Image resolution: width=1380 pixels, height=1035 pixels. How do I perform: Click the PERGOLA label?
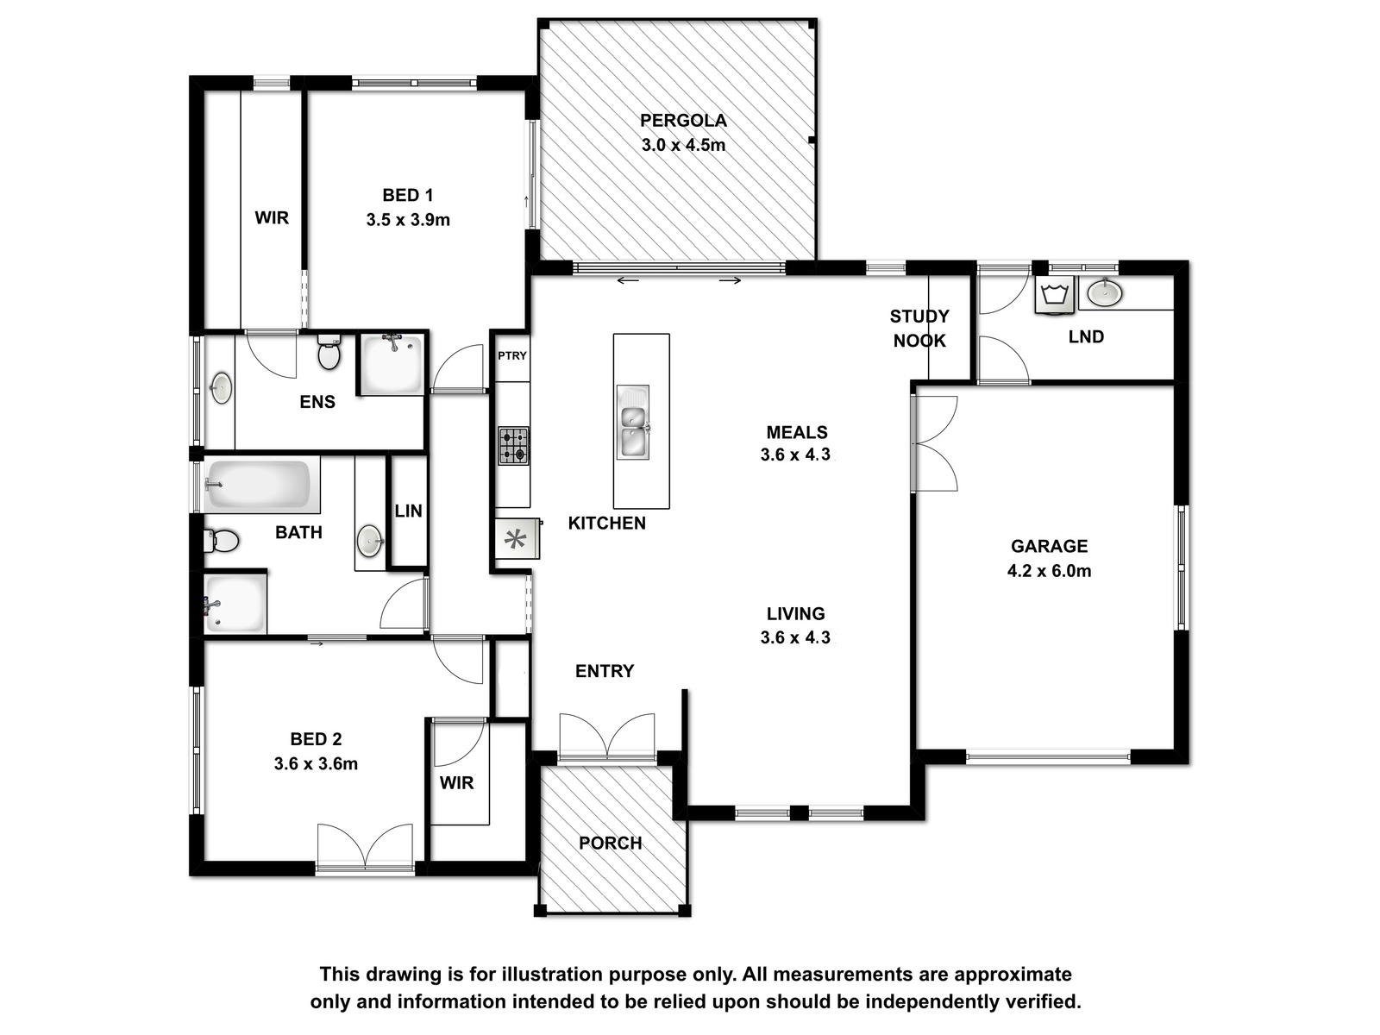[x=683, y=120]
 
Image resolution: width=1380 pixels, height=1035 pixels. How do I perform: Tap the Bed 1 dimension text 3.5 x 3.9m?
[x=408, y=220]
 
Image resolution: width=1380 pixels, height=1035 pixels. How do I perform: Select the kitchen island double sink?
[x=632, y=423]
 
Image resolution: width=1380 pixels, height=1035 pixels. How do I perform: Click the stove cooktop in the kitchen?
[x=514, y=446]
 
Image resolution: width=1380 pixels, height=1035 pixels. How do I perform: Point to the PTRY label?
[x=511, y=355]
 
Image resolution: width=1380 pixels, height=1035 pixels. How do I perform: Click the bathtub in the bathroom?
[x=258, y=485]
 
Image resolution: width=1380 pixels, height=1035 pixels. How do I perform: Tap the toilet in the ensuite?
[x=329, y=352]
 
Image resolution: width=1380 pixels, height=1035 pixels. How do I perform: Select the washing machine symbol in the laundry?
[x=1056, y=295]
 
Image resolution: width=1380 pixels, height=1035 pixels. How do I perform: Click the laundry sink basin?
[x=1105, y=293]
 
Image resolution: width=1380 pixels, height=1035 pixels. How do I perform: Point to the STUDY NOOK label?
[x=919, y=328]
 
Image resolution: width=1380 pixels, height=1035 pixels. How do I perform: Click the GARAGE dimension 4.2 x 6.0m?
[x=1049, y=571]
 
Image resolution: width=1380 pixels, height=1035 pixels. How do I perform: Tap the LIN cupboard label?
[x=408, y=511]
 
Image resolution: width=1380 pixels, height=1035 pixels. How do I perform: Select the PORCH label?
[x=611, y=843]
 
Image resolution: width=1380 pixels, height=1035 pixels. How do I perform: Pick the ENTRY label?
[x=605, y=671]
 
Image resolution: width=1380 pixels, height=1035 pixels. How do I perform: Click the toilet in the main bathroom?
[x=222, y=541]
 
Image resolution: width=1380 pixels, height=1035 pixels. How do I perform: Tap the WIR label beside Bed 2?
[x=456, y=783]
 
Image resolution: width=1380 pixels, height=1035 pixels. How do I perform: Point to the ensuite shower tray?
[x=392, y=365]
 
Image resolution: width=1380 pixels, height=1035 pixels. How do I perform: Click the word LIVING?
[x=795, y=613]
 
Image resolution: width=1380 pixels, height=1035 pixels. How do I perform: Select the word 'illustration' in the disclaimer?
[x=553, y=974]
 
